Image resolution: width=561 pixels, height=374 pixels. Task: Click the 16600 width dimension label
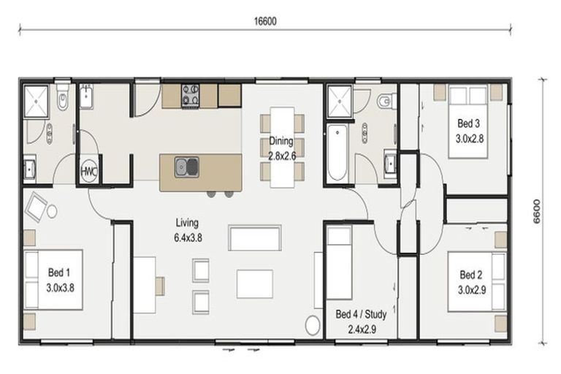coord(264,22)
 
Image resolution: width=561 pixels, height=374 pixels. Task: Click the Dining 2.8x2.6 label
coord(280,148)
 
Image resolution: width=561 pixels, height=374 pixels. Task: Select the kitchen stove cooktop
coord(191,95)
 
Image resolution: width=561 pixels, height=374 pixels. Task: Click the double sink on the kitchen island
coord(186,167)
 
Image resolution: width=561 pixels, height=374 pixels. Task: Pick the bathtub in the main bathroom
coord(337,153)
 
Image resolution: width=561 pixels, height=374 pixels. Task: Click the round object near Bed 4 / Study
coord(313,326)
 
